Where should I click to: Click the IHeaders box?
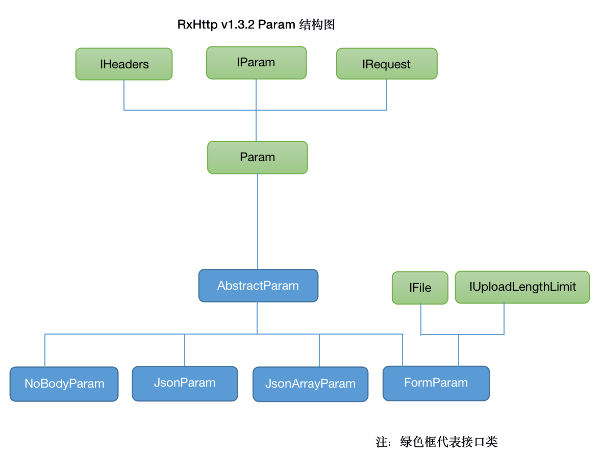pos(123,64)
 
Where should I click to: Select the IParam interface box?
pos(257,63)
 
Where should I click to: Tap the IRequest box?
pos(387,64)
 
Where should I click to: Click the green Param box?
pos(257,157)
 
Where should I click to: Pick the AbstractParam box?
pos(258,286)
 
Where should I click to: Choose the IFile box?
pos(420,288)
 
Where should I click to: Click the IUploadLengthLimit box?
pos(522,287)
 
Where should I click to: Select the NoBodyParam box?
pos(64,384)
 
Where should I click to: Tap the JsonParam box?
pos(185,384)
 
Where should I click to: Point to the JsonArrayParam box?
pos(310,384)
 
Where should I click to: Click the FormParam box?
pos(436,383)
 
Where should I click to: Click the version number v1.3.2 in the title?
pos(238,24)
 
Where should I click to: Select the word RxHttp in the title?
pos(197,24)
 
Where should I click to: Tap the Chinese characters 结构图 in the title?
pos(317,24)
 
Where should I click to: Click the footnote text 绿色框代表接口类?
pos(449,442)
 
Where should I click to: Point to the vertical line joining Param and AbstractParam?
pos(258,221)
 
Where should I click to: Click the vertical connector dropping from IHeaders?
pos(124,95)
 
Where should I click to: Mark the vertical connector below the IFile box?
pos(421,319)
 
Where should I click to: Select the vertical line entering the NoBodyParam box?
pos(45,350)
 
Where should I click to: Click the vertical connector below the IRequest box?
pos(387,95)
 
